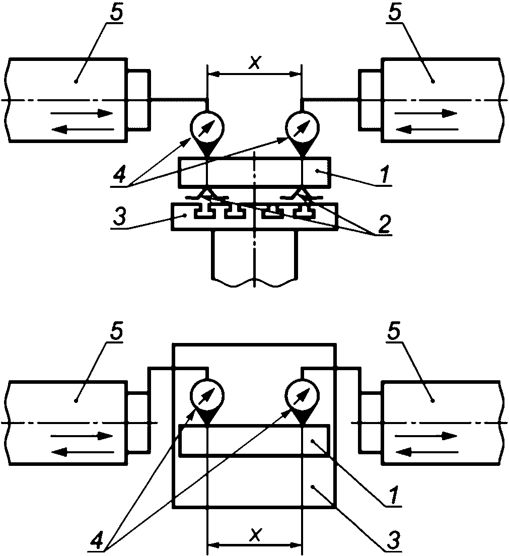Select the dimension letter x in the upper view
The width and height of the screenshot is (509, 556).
255,63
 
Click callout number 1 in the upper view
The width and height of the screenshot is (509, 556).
384,173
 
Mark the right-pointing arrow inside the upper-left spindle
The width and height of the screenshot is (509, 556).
82,113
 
